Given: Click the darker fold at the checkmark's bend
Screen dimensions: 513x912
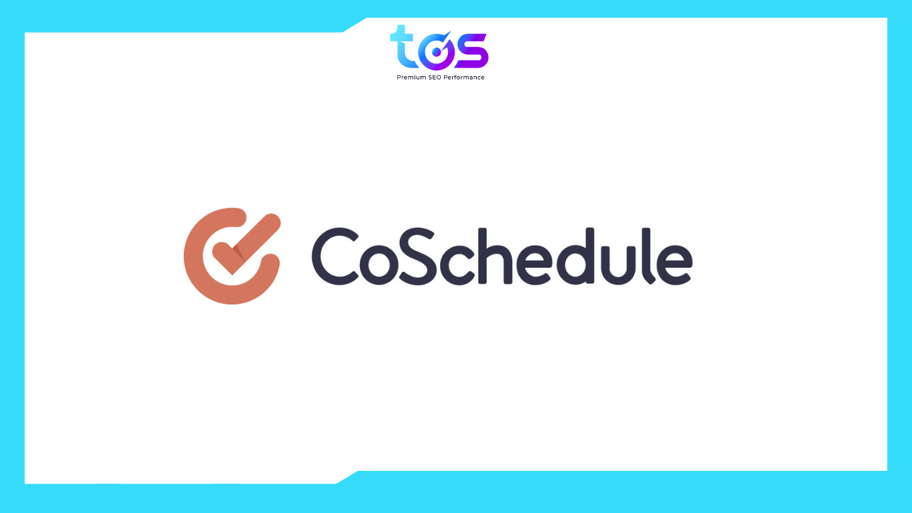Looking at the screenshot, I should point(237,253).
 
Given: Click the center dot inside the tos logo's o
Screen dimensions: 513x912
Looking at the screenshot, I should point(437,53).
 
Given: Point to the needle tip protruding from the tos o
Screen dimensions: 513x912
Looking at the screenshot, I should point(449,34).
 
